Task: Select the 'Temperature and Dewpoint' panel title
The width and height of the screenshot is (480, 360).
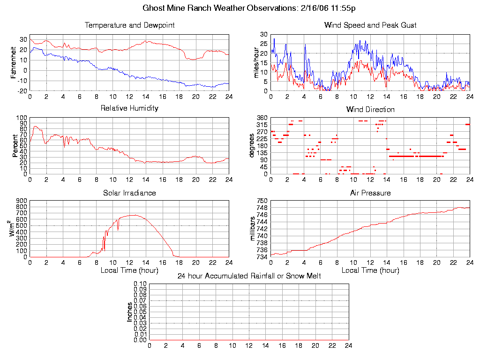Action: (129, 25)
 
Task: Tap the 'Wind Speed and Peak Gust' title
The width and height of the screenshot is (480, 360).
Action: (370, 25)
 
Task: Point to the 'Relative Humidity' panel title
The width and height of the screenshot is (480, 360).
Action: (129, 108)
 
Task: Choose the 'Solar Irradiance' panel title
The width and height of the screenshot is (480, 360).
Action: (129, 193)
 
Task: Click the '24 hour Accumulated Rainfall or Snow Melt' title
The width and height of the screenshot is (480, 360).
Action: (249, 276)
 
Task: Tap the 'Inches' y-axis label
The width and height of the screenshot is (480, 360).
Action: (130, 312)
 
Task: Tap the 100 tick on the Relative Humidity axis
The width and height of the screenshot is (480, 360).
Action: (21, 118)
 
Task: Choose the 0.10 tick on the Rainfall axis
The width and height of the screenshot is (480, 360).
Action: (140, 284)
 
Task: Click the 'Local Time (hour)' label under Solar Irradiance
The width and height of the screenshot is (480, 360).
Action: (129, 270)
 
